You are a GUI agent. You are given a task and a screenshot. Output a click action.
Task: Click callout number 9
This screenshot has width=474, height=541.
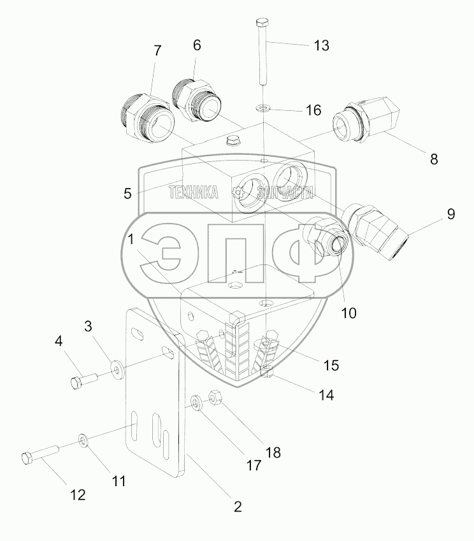click(x=450, y=214)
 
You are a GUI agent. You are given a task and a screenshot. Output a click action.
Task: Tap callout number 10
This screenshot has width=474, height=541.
click(x=348, y=313)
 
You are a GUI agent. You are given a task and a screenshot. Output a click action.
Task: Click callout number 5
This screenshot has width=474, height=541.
click(x=127, y=193)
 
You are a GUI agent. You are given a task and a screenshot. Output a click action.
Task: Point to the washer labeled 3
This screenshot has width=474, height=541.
click(x=117, y=369)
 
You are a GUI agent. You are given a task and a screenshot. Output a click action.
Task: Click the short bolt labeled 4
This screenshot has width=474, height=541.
click(x=82, y=382)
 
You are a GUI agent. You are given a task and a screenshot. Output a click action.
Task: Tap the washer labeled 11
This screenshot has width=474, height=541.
click(x=84, y=440)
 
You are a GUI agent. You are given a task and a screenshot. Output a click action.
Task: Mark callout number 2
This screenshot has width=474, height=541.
click(x=237, y=507)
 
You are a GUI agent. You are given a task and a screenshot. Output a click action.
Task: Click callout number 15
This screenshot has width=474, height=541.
click(x=331, y=365)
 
